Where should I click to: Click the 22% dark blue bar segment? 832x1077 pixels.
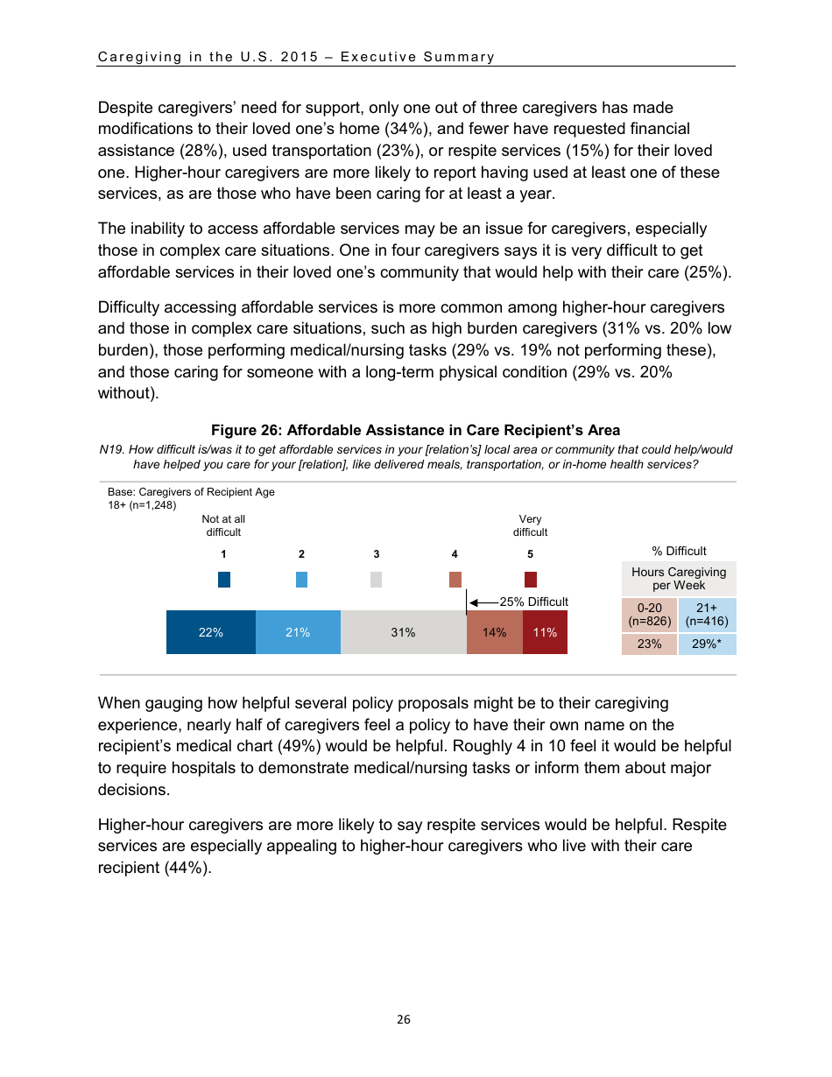pyautogui.click(x=210, y=632)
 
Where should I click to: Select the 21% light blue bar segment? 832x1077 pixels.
pyautogui.click(x=298, y=632)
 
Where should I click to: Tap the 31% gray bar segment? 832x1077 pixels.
pyautogui.click(x=403, y=632)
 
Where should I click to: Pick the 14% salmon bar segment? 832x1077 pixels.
pyautogui.click(x=494, y=632)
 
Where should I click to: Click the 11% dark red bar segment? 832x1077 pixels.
pyautogui.click(x=545, y=632)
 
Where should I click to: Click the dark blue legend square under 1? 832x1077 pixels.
pyautogui.click(x=224, y=580)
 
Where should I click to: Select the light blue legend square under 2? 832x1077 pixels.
pyautogui.click(x=301, y=580)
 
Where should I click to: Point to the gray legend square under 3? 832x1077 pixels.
pyautogui.click(x=376, y=580)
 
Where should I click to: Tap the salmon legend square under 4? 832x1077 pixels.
pyautogui.click(x=455, y=580)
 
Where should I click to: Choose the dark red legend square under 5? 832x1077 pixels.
pyautogui.click(x=530, y=580)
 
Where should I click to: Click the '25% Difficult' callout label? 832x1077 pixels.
pyautogui.click(x=533, y=602)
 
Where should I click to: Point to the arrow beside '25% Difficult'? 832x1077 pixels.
pyautogui.click(x=483, y=602)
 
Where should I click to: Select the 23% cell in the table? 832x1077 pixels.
pyautogui.click(x=649, y=644)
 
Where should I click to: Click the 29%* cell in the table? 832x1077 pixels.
pyautogui.click(x=707, y=644)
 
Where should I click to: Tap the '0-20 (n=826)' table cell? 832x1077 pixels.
pyautogui.click(x=649, y=615)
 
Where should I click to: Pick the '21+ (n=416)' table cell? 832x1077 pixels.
pyautogui.click(x=707, y=615)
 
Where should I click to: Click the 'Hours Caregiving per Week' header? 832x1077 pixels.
pyautogui.click(x=679, y=579)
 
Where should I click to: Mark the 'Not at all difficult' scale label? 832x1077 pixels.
pyautogui.click(x=223, y=525)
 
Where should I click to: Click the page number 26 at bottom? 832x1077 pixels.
pyautogui.click(x=403, y=1019)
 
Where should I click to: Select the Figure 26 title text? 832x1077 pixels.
pyautogui.click(x=415, y=430)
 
